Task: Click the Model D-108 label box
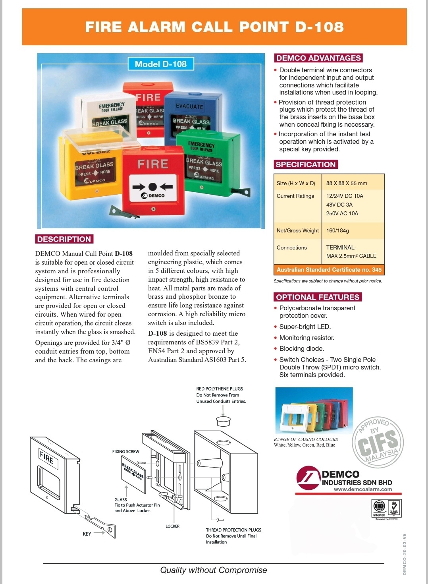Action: pyautogui.click(x=161, y=64)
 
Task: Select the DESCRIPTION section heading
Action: pyautogui.click(x=64, y=239)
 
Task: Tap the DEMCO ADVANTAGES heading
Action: pyautogui.click(x=318, y=58)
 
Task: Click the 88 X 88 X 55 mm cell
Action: pyautogui.click(x=347, y=183)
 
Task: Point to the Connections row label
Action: pyautogui.click(x=292, y=248)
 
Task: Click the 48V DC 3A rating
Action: pyautogui.click(x=339, y=205)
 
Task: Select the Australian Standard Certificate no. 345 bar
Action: pyautogui.click(x=329, y=270)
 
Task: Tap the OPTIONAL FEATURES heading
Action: pyautogui.click(x=318, y=297)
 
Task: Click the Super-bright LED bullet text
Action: pyautogui.click(x=305, y=327)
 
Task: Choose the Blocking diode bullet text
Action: pyautogui.click(x=302, y=348)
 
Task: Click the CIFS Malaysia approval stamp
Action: pyautogui.click(x=378, y=441)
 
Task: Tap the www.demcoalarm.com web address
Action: pyautogui.click(x=362, y=489)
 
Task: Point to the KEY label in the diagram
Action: pyautogui.click(x=87, y=534)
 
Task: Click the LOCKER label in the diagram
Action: pyautogui.click(x=172, y=526)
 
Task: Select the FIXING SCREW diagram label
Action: pyautogui.click(x=125, y=452)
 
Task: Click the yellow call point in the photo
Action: pyautogui.click(x=91, y=167)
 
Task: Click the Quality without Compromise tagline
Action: pyautogui.click(x=214, y=570)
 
